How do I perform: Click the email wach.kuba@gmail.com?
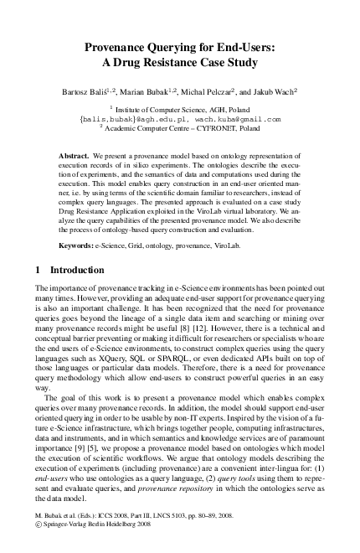coord(242,119)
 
